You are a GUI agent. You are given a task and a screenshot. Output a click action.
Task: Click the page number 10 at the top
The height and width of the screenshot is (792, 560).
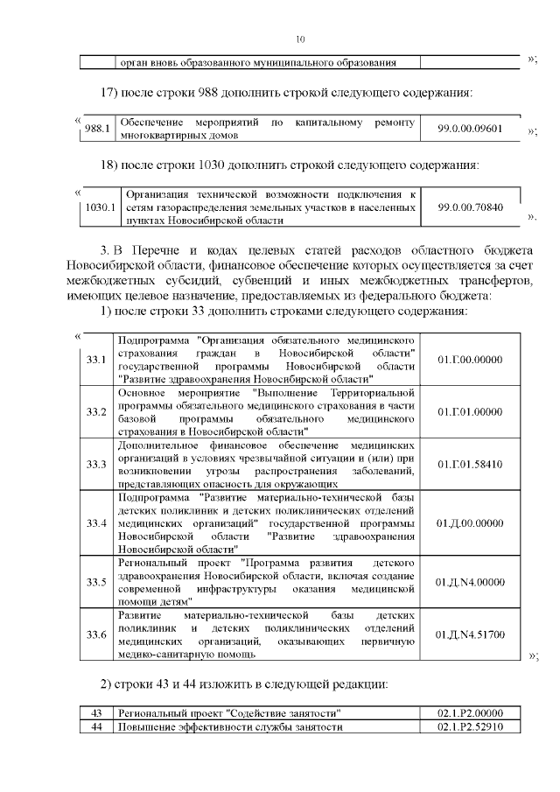(300, 39)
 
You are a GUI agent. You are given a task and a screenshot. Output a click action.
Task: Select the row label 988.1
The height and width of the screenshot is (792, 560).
(95, 129)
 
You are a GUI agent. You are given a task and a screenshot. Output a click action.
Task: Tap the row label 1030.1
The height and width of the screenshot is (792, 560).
(96, 207)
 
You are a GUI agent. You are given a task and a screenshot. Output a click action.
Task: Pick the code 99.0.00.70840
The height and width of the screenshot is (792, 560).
(470, 207)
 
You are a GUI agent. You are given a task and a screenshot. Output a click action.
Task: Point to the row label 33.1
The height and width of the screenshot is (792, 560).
(96, 360)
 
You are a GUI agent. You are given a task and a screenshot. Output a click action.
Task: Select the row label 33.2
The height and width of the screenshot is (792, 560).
(96, 411)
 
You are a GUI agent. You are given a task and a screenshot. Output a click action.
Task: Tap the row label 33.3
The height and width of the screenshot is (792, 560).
(96, 463)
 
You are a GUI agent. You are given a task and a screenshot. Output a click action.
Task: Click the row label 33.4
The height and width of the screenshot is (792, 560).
(96, 522)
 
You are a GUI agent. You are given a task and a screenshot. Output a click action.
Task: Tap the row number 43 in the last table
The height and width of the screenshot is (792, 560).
(97, 713)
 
